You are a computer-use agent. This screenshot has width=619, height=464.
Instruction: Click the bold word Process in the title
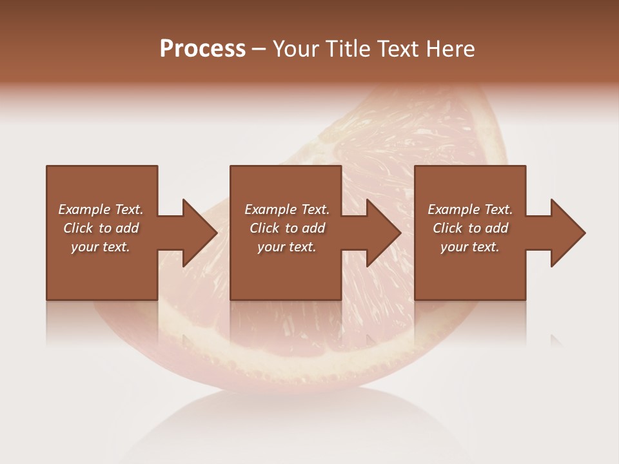tap(202, 49)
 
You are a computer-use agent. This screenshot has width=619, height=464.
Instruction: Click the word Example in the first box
tap(84, 209)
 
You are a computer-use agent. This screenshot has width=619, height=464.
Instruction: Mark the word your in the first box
tap(84, 247)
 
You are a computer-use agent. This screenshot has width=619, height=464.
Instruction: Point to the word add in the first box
tap(127, 228)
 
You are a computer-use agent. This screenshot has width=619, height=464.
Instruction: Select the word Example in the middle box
tap(270, 209)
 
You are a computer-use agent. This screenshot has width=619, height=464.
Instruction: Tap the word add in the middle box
tap(313, 228)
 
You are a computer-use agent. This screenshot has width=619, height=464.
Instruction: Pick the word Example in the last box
tap(453, 209)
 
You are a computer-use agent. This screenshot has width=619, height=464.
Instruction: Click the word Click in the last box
tap(448, 228)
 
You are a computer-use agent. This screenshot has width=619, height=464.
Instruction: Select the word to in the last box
tap(475, 228)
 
